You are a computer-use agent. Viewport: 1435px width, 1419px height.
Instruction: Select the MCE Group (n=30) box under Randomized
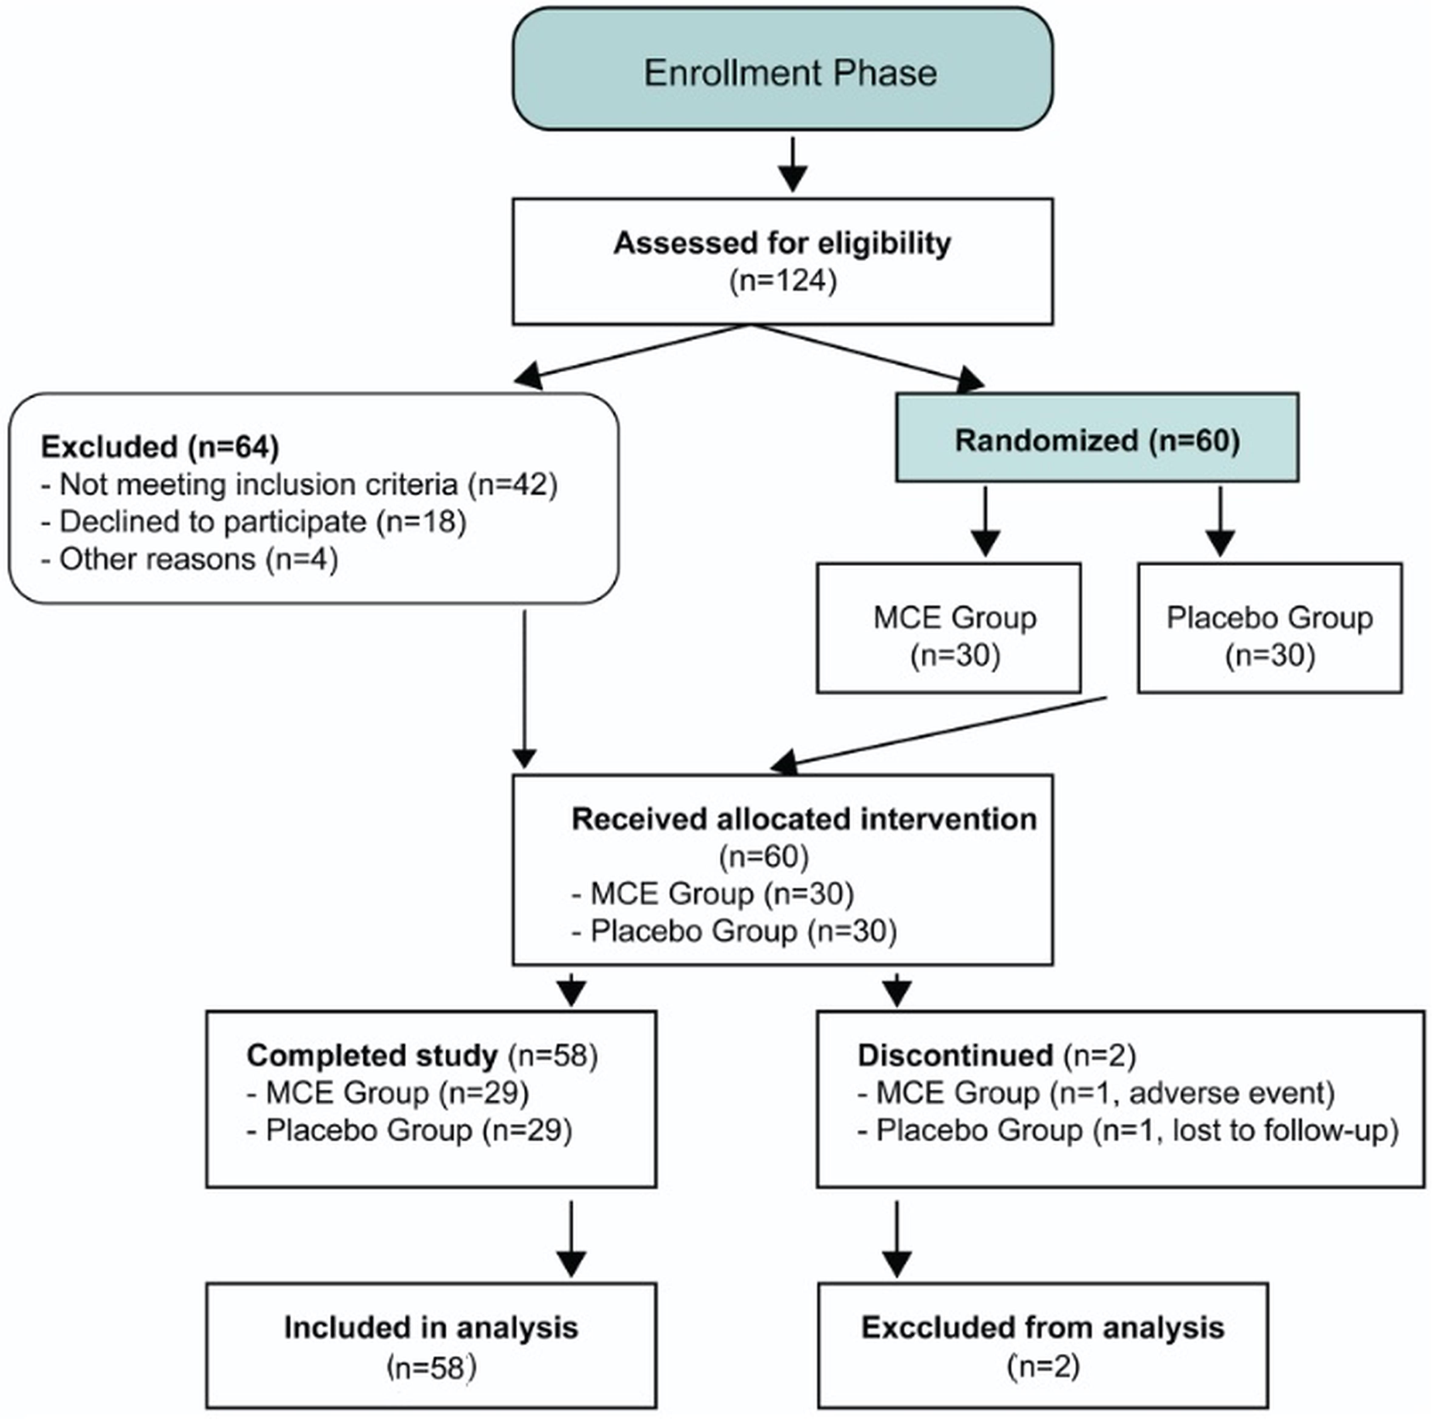click(x=948, y=628)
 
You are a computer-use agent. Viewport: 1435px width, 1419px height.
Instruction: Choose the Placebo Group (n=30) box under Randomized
click(x=1269, y=628)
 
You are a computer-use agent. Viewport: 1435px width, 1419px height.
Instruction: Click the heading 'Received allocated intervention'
click(x=804, y=819)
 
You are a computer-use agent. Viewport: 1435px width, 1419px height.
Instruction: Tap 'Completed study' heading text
click(x=372, y=1055)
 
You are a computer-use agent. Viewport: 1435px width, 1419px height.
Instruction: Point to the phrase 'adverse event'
click(x=1231, y=1092)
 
